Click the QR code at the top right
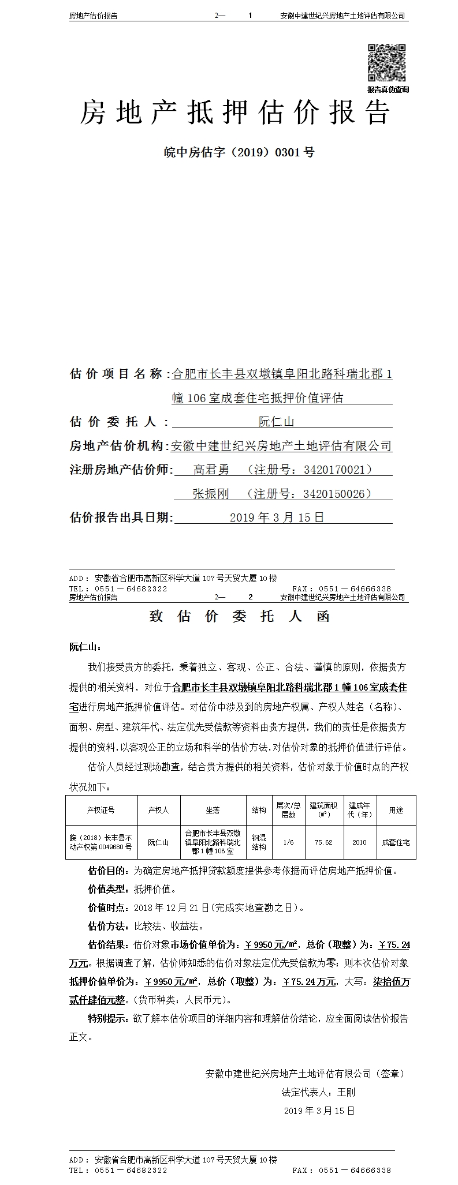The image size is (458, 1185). point(388,63)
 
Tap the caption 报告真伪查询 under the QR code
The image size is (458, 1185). point(388,89)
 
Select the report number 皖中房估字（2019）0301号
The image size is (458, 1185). point(239,152)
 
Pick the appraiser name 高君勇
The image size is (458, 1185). point(211,470)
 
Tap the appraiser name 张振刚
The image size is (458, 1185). point(211,494)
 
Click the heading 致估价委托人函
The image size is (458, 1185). point(239,617)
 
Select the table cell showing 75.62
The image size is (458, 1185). point(323,842)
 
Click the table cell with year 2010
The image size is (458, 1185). point(359,842)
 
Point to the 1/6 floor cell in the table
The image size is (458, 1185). point(288,842)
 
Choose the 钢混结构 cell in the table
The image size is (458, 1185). point(259,842)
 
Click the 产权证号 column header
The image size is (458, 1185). point(101,810)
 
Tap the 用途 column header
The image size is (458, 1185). point(396,810)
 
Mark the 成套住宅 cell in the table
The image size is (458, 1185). point(396,842)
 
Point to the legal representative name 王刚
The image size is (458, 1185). point(346,1092)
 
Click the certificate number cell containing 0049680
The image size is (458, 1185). point(101,842)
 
